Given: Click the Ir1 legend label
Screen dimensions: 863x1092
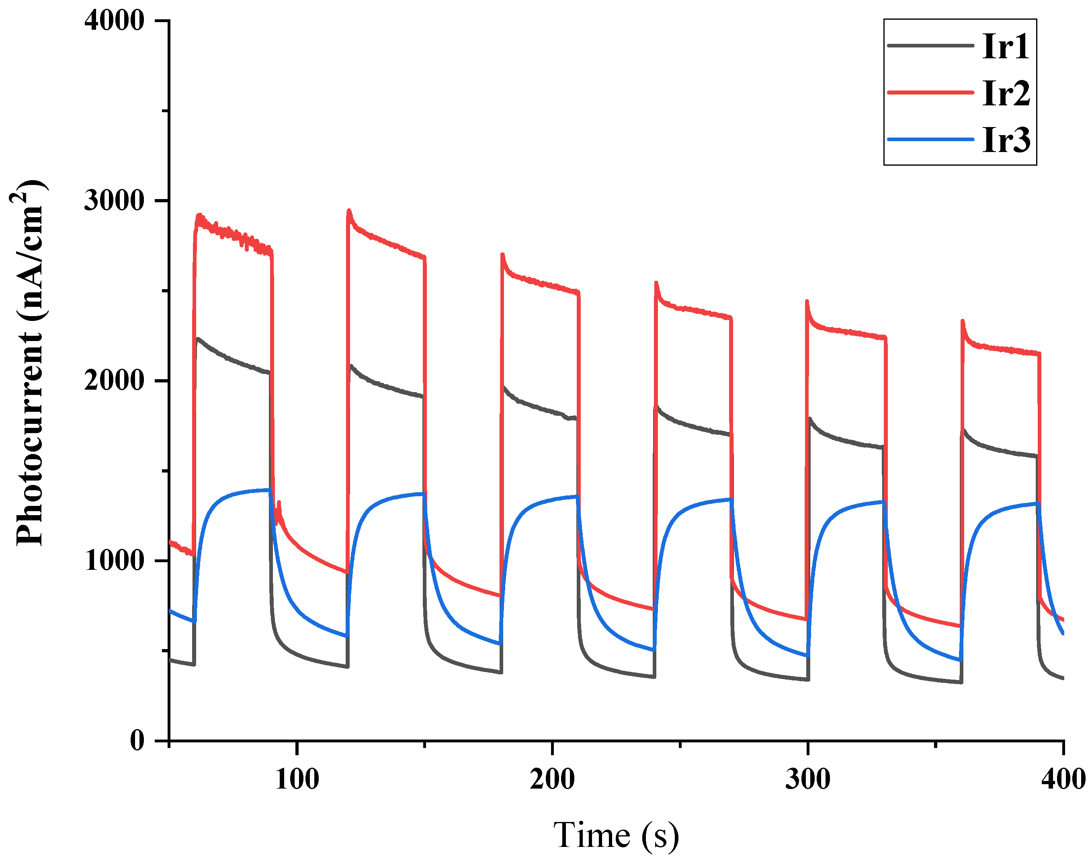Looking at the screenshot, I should pos(1005,47).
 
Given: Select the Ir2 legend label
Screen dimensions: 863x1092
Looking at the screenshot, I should pos(1006,93).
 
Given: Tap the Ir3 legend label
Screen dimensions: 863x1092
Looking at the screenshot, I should pos(1006,140).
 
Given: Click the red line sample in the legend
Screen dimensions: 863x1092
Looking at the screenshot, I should pos(930,92).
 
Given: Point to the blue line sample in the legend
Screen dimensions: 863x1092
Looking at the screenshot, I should pos(930,139).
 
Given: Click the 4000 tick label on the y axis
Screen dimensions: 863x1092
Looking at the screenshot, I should pos(114,21).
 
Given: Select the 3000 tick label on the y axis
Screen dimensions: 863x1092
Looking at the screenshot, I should pos(114,201).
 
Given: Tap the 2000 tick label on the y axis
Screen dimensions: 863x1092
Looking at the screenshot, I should pos(114,380).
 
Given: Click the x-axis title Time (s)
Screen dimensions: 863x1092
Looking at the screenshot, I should pos(616,835).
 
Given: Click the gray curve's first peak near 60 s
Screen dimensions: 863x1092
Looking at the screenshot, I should pos(199,339).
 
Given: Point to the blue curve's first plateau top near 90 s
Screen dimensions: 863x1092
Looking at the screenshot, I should pos(268,489).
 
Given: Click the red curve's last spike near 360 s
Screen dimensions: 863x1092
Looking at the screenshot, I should pos(962,321).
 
